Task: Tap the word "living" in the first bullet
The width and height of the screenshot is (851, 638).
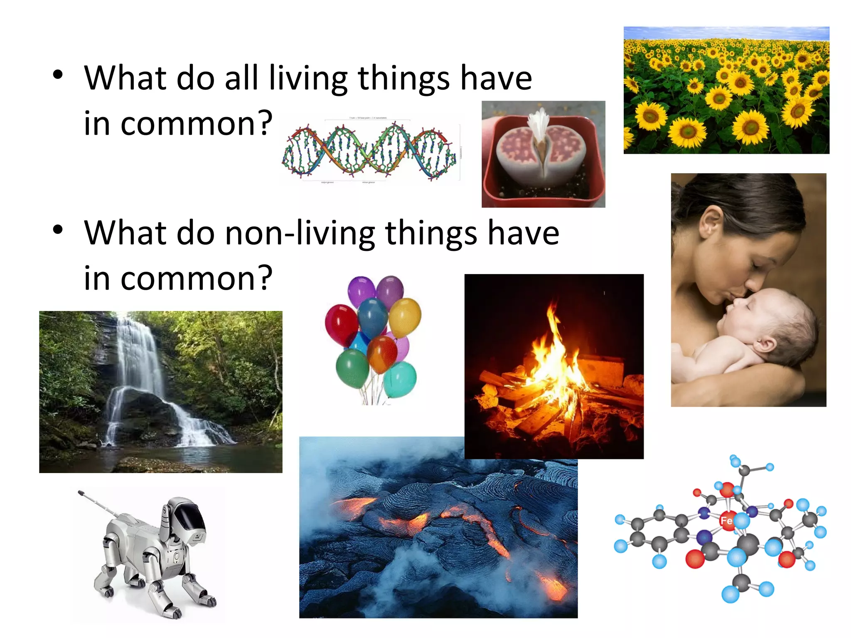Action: coord(308,78)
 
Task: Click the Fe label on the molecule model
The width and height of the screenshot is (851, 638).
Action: coord(726,520)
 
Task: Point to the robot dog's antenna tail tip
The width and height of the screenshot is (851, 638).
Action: coord(80,493)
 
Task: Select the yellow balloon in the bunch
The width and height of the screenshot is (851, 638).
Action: coord(405,317)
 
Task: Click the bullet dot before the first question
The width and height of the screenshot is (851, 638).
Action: coord(58,75)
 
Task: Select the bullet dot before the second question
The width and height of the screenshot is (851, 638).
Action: coord(58,230)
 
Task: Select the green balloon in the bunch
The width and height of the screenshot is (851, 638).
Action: coord(352,368)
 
